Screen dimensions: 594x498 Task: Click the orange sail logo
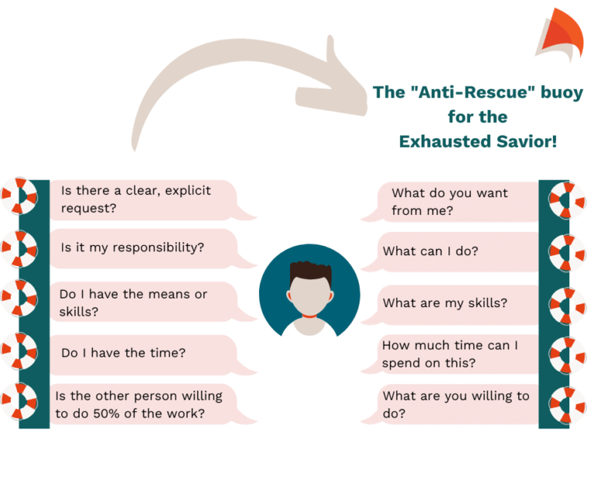click(x=560, y=35)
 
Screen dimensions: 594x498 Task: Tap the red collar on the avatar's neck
click(x=309, y=316)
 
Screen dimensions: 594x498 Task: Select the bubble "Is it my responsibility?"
click(x=144, y=248)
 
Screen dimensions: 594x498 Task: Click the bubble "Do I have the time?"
click(x=144, y=354)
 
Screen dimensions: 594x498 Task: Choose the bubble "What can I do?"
click(x=449, y=252)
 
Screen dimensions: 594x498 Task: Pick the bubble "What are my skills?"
click(x=449, y=304)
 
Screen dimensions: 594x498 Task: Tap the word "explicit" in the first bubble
click(x=187, y=191)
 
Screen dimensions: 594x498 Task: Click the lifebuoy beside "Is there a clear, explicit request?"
click(x=19, y=196)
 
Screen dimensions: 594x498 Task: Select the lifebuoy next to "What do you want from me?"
click(x=567, y=200)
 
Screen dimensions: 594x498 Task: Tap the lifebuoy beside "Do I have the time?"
click(x=19, y=351)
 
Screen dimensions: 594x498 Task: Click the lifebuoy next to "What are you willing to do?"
click(x=567, y=405)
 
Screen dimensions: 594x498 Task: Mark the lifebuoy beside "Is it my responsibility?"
click(x=19, y=249)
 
